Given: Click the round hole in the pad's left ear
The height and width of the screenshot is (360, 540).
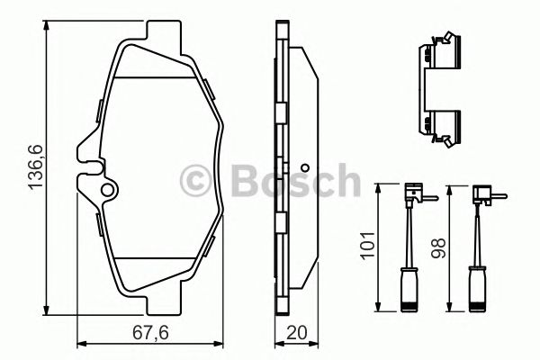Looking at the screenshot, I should point(109,190).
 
